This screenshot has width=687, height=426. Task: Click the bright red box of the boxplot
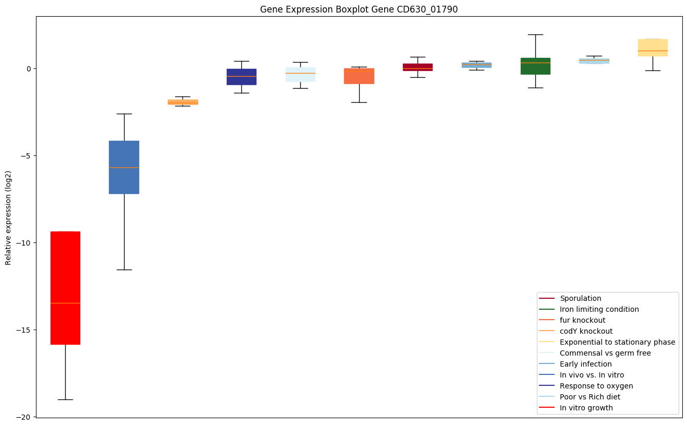click(65, 288)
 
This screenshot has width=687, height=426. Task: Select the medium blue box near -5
click(124, 167)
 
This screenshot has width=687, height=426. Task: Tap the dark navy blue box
click(242, 77)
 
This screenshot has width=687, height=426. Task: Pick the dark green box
click(535, 66)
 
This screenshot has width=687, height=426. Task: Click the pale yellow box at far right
click(653, 47)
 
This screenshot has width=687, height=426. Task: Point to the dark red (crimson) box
click(418, 67)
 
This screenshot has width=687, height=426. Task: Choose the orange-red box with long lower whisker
click(359, 76)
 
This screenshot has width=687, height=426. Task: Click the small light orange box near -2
click(183, 102)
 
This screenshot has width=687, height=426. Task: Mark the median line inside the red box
click(65, 303)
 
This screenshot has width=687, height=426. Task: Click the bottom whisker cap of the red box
click(65, 399)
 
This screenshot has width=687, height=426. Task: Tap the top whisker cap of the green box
click(535, 34)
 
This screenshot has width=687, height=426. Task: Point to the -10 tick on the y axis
click(34, 243)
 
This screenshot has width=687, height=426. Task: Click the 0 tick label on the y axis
click(29, 69)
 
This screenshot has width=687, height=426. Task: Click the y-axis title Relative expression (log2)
click(8, 218)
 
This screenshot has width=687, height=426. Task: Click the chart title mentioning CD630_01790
click(359, 9)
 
